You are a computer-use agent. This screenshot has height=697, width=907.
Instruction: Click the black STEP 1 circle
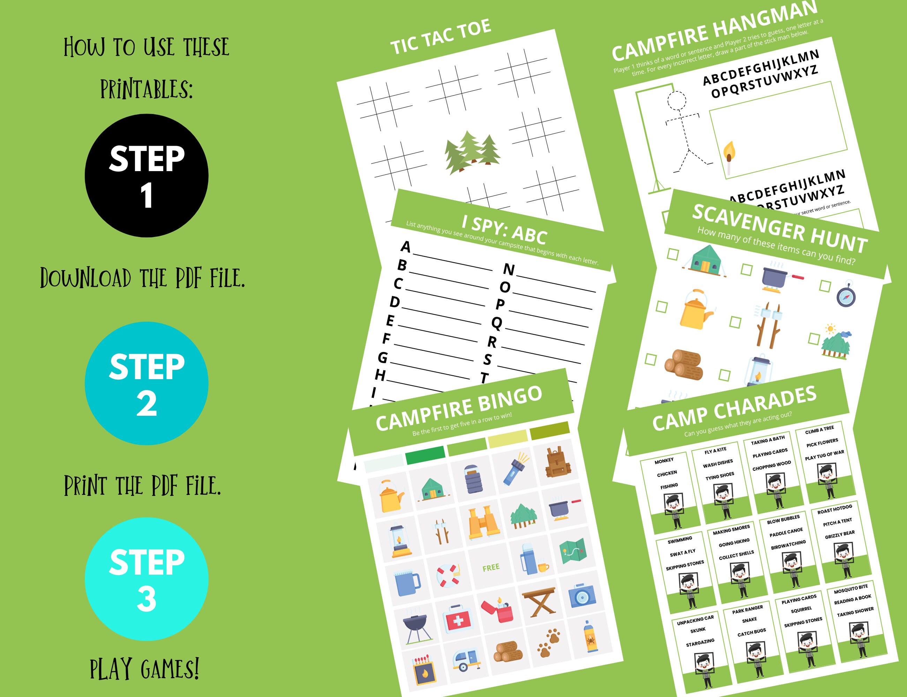coord(146,176)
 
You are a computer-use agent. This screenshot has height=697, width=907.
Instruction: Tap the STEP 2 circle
coord(146,383)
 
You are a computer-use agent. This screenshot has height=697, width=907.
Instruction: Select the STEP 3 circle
coord(146,579)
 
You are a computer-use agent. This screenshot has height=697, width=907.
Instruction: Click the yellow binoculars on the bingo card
coord(483,522)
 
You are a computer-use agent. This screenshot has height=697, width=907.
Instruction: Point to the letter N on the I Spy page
coord(509,270)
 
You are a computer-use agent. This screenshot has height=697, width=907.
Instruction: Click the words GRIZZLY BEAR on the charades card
coord(840,534)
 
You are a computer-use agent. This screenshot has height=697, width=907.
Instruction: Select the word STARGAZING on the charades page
coord(700,643)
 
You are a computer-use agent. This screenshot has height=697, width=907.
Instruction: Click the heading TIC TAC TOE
coord(441,37)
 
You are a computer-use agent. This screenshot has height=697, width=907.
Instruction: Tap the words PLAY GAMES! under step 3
coord(144,669)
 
